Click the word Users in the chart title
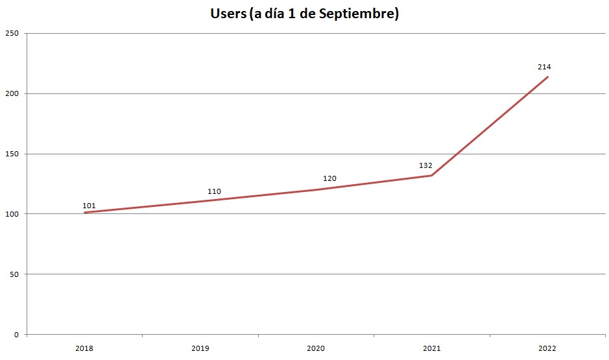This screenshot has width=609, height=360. coord(226,14)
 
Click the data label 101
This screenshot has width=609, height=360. coord(89,206)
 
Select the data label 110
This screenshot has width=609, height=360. coord(214,191)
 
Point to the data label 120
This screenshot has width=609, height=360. coord(329,178)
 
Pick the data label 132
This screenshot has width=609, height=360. coord(425,165)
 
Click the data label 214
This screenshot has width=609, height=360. coord(544,67)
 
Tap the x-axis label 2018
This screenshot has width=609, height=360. coord(84,348)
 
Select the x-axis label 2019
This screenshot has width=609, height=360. coord(200,348)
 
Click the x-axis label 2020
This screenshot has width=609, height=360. coord(316,348)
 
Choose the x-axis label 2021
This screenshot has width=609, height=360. coord(431,348)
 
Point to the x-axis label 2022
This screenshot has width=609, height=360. coord(547,348)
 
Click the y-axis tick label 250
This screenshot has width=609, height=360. coord(12,33)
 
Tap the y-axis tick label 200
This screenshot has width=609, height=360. coord(12,93)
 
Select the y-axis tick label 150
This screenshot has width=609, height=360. coord(12,154)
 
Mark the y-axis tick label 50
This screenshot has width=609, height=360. coord(14,274)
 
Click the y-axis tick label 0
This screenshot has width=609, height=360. coord(17,335)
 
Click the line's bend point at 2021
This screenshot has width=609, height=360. coord(432,175)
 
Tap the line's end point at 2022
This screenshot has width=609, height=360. coord(548,77)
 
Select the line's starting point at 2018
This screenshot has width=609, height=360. coord(84,213)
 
